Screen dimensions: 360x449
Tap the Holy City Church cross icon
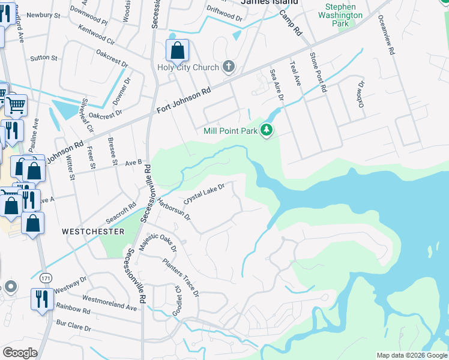[228, 66]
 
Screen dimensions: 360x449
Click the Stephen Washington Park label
[344, 15]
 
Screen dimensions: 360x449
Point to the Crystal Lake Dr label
[203, 194]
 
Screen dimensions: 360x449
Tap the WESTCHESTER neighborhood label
[93, 232]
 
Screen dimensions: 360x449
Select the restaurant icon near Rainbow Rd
[41, 298]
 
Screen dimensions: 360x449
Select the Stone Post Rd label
[318, 71]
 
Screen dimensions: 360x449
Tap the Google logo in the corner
[20, 353]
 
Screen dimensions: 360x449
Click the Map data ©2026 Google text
[411, 355]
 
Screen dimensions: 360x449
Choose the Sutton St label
[43, 59]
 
